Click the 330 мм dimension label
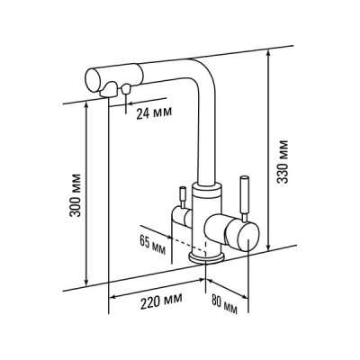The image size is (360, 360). click(283, 161)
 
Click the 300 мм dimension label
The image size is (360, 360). click(75, 195)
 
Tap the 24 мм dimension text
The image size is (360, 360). click(154, 113)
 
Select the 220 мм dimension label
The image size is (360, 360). click(161, 301)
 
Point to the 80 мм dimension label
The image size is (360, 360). click(224, 303)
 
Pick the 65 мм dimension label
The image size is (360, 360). click(152, 244)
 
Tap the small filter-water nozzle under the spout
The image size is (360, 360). click(126, 89)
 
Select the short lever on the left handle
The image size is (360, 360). click(182, 196)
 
